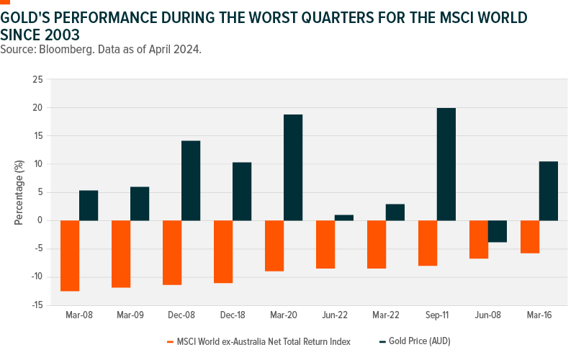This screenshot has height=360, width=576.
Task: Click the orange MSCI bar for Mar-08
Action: point(70,256)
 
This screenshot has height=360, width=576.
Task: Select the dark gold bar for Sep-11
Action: point(446,164)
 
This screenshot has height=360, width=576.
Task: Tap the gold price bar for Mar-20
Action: point(292,167)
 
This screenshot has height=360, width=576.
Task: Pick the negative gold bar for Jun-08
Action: point(497,231)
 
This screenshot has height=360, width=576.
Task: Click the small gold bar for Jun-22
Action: point(343,217)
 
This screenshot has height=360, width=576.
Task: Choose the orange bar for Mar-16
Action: point(529,236)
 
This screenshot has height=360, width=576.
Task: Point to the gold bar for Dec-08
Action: point(190,180)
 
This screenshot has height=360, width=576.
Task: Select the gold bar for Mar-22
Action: point(395,212)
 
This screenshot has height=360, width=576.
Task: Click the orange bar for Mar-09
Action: point(121,253)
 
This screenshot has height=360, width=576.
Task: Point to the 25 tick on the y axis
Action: point(37,79)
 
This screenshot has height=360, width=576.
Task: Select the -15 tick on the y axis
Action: point(36,305)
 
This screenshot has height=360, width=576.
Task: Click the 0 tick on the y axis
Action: point(40,220)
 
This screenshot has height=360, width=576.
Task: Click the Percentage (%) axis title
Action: point(19,192)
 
